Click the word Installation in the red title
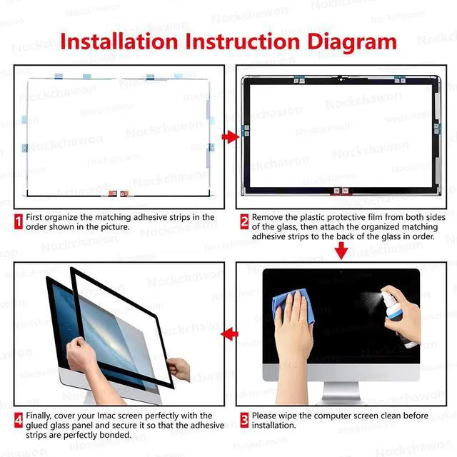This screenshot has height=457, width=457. click(x=119, y=41)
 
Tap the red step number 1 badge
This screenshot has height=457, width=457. click(x=19, y=222)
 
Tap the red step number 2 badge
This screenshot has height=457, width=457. click(x=244, y=222)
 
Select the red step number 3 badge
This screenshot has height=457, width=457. click(x=244, y=420)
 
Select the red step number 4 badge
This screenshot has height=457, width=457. click(x=19, y=420)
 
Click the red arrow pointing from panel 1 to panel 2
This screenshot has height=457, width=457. click(x=230, y=136)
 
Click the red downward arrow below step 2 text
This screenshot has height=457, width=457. click(x=341, y=250)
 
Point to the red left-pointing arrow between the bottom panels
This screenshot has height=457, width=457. click(x=230, y=334)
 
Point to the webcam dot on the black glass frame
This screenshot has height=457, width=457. click(x=341, y=79)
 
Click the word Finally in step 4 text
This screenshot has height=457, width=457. click(x=39, y=416)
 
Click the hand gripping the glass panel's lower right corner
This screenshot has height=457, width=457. click(x=179, y=368)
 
